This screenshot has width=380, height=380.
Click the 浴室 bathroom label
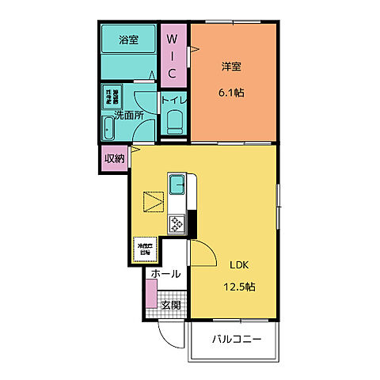pos(128,40)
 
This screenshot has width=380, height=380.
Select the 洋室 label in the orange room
pos(231,66)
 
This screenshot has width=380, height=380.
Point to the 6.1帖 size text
pos(231,93)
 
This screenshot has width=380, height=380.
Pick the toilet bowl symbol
pos(175,122)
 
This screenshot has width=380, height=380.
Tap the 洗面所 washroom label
pos(128,115)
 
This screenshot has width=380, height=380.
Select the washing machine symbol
pos(112,97)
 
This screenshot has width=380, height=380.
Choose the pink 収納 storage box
pos(114,158)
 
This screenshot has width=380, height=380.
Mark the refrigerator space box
pos(143,251)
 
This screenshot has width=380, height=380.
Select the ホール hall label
pos(165,274)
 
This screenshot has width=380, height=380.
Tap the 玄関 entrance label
pos(170,305)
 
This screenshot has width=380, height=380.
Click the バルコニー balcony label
pos(236,340)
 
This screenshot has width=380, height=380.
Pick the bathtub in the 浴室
pos(128,62)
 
